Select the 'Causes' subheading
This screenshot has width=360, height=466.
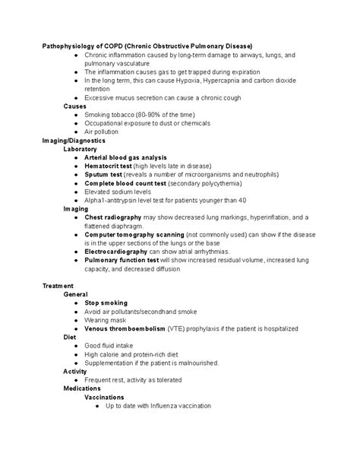point(74,106)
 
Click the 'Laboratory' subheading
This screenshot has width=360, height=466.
point(81,149)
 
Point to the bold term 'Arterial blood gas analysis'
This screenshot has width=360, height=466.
point(126,157)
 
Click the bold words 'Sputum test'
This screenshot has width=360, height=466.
point(103,174)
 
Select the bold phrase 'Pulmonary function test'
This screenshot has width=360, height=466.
point(122,260)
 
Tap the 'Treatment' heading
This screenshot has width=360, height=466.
point(58,285)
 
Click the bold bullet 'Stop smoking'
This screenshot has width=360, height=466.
point(106,303)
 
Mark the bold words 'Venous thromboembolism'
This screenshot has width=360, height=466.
point(128,328)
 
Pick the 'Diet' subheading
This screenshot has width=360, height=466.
point(70,337)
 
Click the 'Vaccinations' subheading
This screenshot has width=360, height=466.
point(104,397)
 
